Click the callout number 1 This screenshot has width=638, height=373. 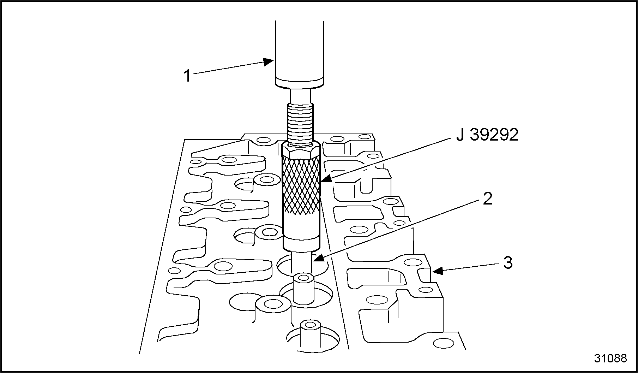[x=188, y=76]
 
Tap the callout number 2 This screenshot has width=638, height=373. [x=487, y=200]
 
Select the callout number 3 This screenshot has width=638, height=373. [x=508, y=263]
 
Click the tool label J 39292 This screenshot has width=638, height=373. [x=487, y=135]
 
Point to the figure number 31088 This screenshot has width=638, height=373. [x=610, y=358]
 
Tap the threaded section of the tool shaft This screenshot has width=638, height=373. [x=300, y=122]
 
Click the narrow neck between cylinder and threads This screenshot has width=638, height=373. [x=300, y=95]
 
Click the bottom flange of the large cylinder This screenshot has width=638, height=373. [x=300, y=83]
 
